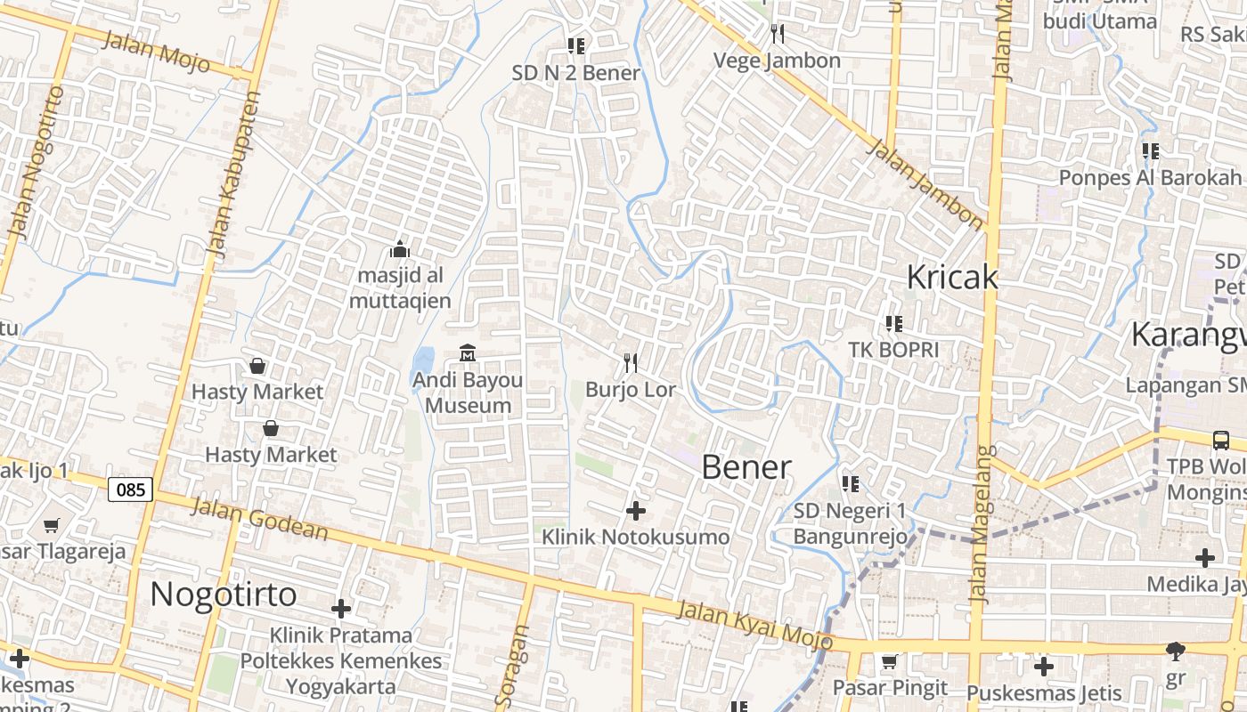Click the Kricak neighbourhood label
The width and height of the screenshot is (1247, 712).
[951, 277]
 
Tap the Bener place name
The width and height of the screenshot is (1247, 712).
[746, 467]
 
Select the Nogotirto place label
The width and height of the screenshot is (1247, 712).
[223, 594]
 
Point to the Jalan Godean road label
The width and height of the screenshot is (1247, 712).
[259, 519]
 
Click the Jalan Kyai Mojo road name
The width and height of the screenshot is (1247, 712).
[754, 625]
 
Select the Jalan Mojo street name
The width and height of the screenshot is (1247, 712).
[156, 52]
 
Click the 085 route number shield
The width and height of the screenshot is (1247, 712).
[131, 489]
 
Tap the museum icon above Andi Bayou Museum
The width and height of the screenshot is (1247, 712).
[468, 353]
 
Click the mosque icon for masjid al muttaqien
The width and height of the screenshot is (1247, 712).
[400, 249]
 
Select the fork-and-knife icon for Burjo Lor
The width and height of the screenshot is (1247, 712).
[631, 363]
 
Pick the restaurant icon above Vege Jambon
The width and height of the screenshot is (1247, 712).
[778, 34]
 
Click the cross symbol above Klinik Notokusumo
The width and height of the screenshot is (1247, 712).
[636, 511]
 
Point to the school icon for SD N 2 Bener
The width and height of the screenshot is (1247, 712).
[576, 45]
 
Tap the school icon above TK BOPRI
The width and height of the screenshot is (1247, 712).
[893, 324]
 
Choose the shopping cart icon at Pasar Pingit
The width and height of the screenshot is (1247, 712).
[888, 661]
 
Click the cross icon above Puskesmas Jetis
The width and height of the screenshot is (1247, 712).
[1043, 666]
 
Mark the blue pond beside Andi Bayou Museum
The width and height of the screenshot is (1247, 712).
[423, 365]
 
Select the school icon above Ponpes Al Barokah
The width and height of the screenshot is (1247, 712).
[1150, 151]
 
